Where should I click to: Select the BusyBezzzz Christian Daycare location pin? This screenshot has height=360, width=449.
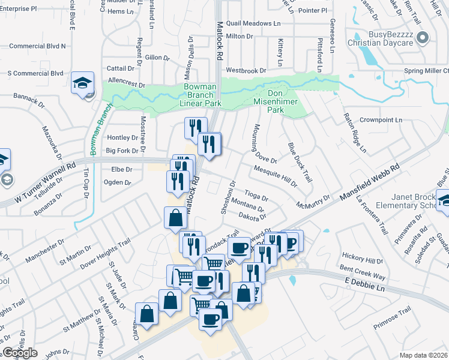pos(423,37)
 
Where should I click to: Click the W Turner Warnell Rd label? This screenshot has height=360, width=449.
pos(41,179)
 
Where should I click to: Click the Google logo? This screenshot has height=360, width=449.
pos(20,353)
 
